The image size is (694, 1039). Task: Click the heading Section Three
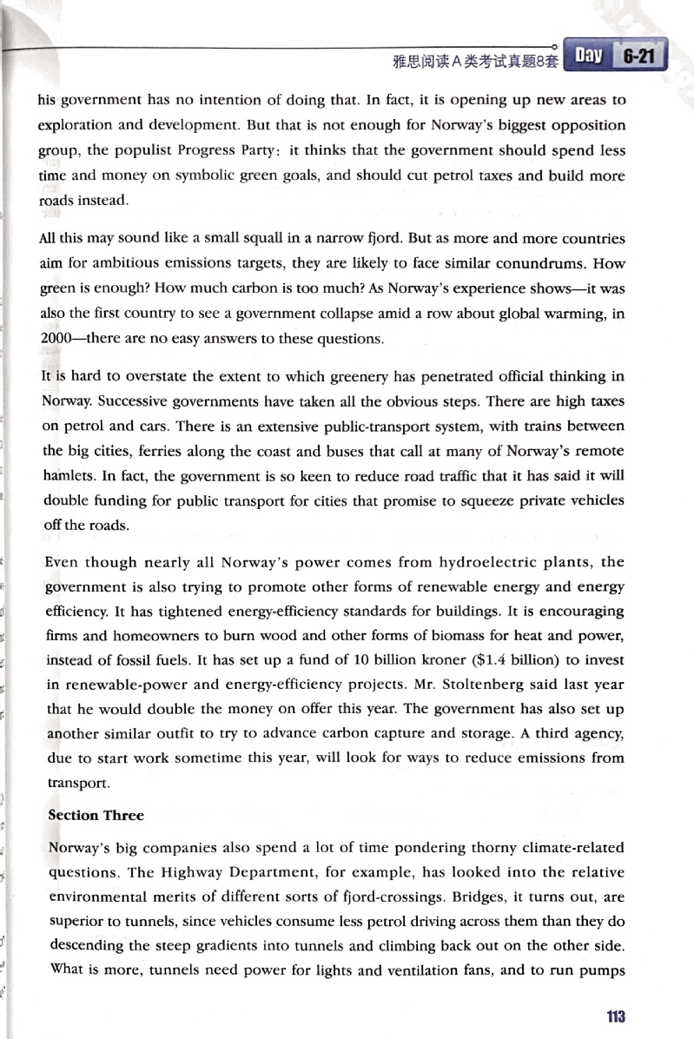point(96,815)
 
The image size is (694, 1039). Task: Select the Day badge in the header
point(588,56)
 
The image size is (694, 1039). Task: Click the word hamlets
point(69,477)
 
